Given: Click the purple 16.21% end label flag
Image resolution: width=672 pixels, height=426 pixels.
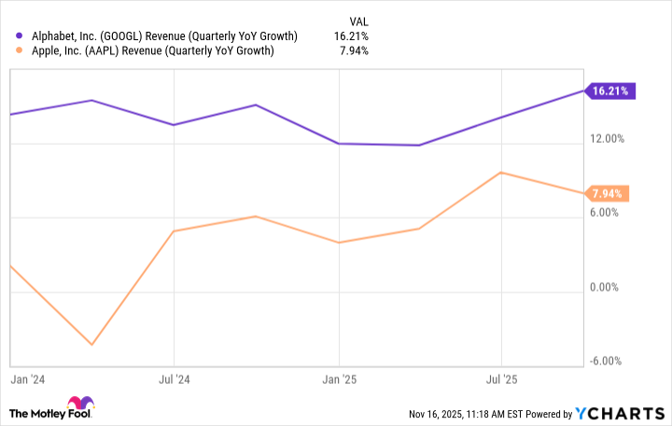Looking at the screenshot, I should [611, 91].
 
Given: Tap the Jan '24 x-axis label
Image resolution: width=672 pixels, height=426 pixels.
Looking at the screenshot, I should [25, 380].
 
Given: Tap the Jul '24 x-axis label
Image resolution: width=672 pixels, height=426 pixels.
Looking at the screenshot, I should [175, 380].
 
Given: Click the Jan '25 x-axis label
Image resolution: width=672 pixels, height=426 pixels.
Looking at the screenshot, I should [339, 380].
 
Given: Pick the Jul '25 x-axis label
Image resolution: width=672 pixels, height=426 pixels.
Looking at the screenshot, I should [502, 380].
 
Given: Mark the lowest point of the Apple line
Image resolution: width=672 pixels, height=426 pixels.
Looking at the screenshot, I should [91, 345].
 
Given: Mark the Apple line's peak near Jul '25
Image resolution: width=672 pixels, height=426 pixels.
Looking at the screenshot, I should [502, 173].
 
